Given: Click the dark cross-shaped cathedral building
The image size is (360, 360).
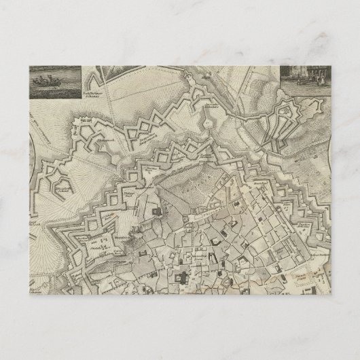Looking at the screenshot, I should coord(183,277).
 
